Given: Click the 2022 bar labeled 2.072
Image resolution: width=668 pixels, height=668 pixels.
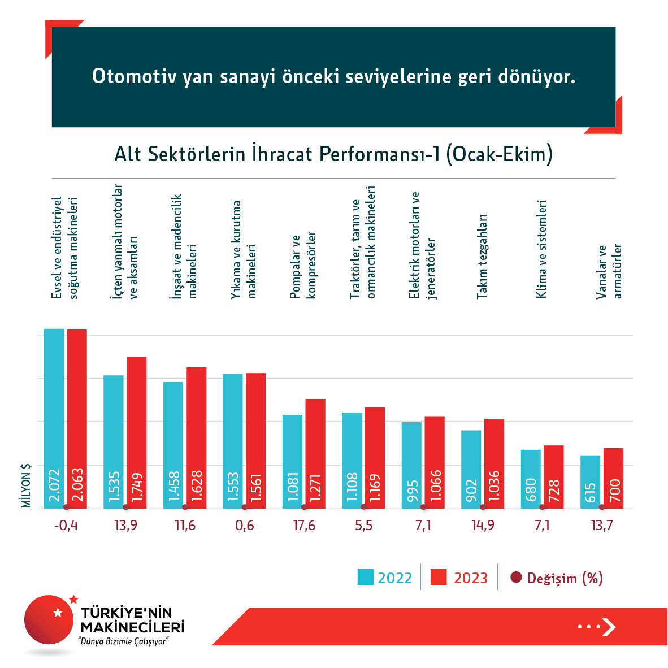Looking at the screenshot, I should click(x=54, y=418).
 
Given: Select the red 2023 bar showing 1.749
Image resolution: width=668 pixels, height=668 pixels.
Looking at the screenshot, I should click(x=136, y=432).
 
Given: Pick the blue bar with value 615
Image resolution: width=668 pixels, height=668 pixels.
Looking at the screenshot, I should click(x=590, y=482).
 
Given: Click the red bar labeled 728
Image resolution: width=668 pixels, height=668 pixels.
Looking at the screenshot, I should click(x=554, y=476).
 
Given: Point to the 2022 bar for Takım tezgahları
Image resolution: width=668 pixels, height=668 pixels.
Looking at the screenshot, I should click(x=471, y=469).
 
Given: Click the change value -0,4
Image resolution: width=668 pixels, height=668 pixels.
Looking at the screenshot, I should click(x=66, y=526).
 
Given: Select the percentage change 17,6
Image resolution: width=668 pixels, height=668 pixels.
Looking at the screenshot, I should click(x=304, y=526).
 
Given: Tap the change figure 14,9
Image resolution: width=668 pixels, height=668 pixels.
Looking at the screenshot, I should click(x=483, y=526).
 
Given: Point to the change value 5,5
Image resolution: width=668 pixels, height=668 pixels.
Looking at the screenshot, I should click(x=364, y=526).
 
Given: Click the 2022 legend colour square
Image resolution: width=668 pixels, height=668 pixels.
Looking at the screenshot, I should click(x=366, y=577).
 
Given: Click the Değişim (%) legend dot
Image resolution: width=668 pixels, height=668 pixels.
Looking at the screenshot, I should click(x=516, y=578).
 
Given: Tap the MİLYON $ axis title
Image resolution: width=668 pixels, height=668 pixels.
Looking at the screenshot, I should click(x=26, y=485).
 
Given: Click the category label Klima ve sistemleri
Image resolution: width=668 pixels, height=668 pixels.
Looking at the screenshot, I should click(x=541, y=249).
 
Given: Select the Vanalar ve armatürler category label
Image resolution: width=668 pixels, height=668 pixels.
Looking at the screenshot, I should click(x=609, y=271).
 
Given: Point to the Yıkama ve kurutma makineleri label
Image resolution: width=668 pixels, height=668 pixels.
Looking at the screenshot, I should click(x=244, y=249).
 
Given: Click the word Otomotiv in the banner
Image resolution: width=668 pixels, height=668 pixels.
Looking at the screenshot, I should click(x=134, y=76).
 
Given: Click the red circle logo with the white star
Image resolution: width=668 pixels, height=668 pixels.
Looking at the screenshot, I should click(x=50, y=620).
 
